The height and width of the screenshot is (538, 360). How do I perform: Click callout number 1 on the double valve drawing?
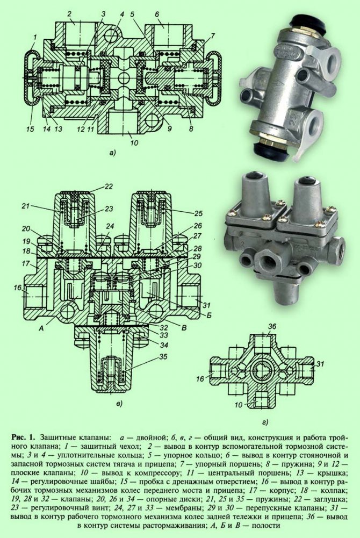[x=34, y=37]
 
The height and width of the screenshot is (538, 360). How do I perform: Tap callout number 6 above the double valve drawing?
[x=157, y=15]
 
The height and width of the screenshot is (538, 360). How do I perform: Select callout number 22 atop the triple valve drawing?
[x=109, y=186]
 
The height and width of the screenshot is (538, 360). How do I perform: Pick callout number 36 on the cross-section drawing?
[x=271, y=326]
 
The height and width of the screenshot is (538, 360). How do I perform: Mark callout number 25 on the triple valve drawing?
[x=198, y=213]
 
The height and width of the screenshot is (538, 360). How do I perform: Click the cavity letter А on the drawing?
[x=41, y=328]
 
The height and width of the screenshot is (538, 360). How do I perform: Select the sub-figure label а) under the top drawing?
[x=112, y=153]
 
